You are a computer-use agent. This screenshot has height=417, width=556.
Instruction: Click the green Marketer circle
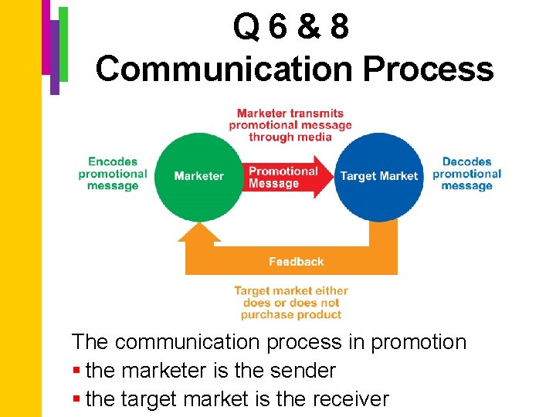[x=198, y=176]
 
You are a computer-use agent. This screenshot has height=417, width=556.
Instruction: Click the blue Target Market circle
[x=378, y=176]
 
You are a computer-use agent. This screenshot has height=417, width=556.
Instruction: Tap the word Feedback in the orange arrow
[x=297, y=262]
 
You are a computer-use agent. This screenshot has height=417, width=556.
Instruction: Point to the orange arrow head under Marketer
[x=199, y=232]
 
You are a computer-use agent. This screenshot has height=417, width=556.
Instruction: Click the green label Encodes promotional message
[x=113, y=174]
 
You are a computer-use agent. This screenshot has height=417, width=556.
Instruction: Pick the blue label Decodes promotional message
[x=467, y=174]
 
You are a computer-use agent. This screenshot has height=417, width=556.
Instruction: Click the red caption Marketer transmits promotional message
[x=290, y=125]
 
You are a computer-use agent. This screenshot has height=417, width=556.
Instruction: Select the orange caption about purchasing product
[x=291, y=303]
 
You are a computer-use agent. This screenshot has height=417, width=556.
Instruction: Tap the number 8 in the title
[x=337, y=29]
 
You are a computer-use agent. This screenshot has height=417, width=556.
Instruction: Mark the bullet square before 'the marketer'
[x=76, y=371]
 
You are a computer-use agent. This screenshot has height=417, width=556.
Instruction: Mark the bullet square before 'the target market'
[x=76, y=400]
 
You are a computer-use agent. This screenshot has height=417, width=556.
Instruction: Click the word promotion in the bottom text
[x=419, y=342]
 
